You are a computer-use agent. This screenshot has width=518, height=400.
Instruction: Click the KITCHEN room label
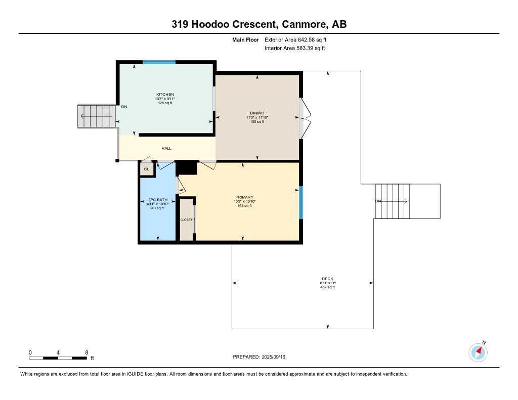(165, 95)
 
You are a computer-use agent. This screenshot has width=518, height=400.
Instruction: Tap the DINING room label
(257, 113)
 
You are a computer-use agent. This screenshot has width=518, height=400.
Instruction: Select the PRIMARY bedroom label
(244, 197)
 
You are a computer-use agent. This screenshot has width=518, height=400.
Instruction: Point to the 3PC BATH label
(158, 200)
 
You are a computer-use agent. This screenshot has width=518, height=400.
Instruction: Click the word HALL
(166, 148)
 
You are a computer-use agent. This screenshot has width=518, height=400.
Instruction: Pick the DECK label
(327, 279)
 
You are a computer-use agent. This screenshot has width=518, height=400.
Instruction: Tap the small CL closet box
(147, 169)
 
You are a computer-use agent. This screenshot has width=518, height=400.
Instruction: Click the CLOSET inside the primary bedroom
(187, 219)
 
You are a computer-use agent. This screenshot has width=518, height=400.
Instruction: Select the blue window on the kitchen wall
(159, 62)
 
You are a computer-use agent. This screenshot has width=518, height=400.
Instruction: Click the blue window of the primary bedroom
(300, 202)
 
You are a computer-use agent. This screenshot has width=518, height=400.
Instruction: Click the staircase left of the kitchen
(96, 116)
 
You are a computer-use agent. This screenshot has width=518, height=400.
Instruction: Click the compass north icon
(478, 351)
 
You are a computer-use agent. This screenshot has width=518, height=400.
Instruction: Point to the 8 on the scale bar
(87, 352)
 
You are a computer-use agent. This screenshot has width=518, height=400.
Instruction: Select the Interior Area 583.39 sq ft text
(295, 49)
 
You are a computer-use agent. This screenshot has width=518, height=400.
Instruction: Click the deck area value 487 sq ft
(327, 287)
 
